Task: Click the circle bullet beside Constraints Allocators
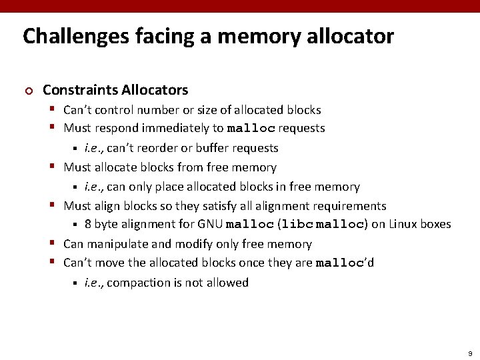click(27, 91)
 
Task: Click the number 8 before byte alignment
click(88, 225)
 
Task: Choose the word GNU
click(210, 225)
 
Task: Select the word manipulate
click(117, 245)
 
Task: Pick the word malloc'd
click(344, 263)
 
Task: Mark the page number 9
click(470, 353)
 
